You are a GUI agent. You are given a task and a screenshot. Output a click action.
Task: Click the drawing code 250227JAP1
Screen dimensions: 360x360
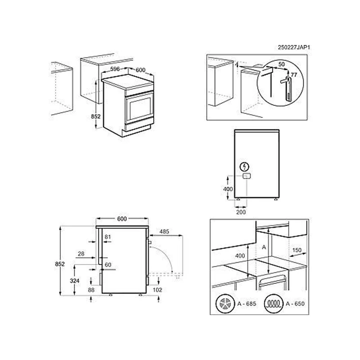pyautogui.click(x=294, y=47)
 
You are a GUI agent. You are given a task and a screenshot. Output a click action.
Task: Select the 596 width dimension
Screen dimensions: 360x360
pyautogui.click(x=115, y=69)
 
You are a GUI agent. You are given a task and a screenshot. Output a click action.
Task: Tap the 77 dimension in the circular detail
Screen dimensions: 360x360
pyautogui.click(x=294, y=75)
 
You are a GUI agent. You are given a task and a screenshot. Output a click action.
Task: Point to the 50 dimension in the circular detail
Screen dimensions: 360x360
pyautogui.click(x=282, y=64)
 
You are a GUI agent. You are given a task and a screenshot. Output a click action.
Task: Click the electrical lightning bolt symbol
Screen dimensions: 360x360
pyautogui.click(x=244, y=166)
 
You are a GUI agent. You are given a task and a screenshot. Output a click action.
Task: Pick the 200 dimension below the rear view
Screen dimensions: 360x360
pyautogui.click(x=241, y=212)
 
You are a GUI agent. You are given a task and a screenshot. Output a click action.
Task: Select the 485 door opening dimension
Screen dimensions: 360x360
pyautogui.click(x=164, y=232)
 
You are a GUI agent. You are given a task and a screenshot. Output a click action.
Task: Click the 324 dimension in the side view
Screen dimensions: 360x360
pyautogui.click(x=75, y=280)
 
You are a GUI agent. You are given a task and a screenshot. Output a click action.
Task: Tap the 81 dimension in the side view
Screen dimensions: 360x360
pyautogui.click(x=108, y=237)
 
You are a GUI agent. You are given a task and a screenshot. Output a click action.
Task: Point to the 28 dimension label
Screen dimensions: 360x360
pyautogui.click(x=81, y=254)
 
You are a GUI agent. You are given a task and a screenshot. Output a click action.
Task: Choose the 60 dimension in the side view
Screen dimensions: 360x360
pyautogui.click(x=108, y=265)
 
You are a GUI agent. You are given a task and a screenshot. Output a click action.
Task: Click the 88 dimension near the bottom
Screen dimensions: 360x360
pyautogui.click(x=91, y=290)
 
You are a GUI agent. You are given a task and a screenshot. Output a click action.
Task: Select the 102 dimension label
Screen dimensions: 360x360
pyautogui.click(x=157, y=290)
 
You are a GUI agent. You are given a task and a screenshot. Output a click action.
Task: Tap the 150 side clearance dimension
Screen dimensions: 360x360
pyautogui.click(x=297, y=250)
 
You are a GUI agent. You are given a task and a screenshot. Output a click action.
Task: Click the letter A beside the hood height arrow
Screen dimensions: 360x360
pyautogui.click(x=264, y=247)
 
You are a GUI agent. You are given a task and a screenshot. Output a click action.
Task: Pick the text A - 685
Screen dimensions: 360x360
pyautogui.click(x=247, y=304)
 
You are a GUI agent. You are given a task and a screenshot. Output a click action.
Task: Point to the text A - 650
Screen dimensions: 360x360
pyautogui.click(x=295, y=304)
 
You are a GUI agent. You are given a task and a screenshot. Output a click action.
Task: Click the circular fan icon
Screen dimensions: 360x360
pyautogui.click(x=225, y=303)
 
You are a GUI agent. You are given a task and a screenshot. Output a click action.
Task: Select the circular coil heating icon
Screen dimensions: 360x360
pyautogui.click(x=274, y=303)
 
